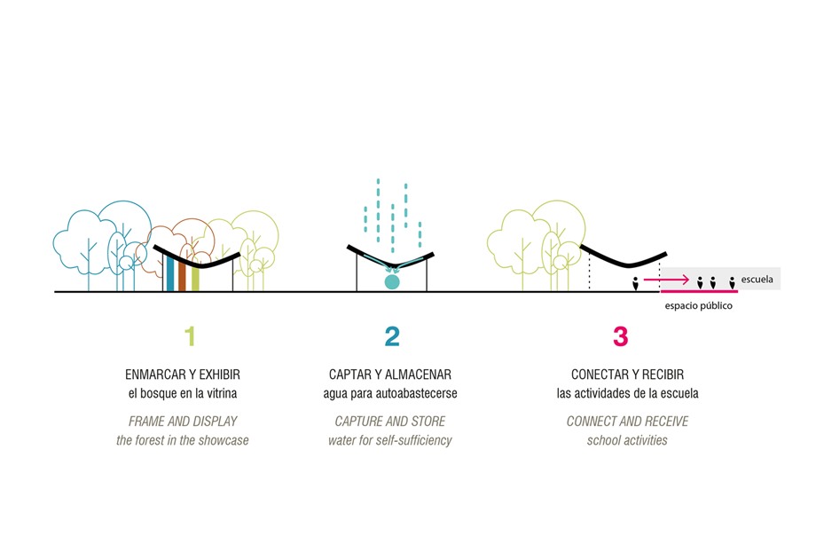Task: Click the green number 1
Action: [x=189, y=336]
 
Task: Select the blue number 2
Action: [x=391, y=336]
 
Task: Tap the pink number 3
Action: [x=620, y=336]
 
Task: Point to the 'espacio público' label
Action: [x=699, y=306]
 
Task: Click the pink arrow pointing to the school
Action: [x=667, y=280]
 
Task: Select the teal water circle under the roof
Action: [x=391, y=282]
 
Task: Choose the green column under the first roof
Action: [x=195, y=278]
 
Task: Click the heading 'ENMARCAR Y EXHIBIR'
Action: [x=183, y=374]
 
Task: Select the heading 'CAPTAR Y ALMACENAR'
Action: [x=391, y=374]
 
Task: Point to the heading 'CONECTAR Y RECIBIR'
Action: [x=627, y=374]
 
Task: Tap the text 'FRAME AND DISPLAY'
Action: [x=183, y=421]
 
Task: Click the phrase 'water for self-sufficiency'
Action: [x=390, y=440]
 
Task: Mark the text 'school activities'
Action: [x=627, y=440]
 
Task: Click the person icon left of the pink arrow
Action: [x=635, y=284]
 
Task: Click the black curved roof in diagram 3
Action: [x=621, y=260]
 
